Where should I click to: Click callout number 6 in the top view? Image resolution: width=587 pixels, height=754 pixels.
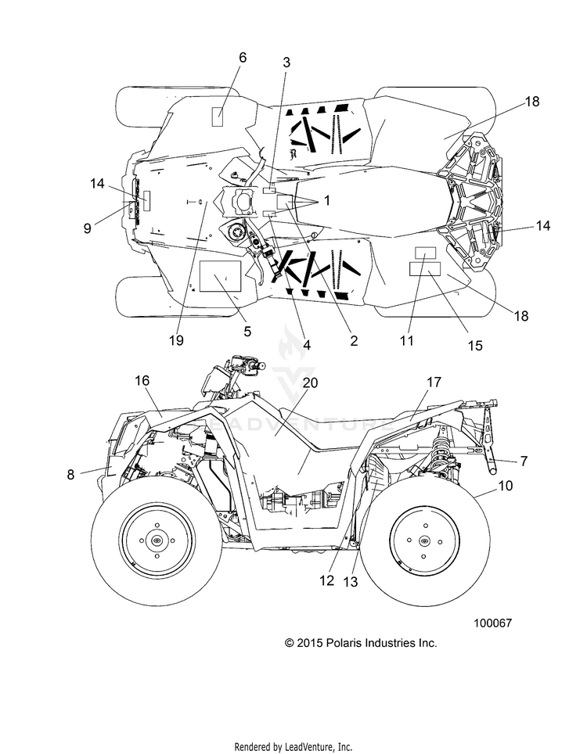pos(243,57)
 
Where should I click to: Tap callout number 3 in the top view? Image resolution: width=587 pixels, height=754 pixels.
pos(286,63)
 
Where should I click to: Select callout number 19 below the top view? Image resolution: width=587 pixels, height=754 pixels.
pos(176,340)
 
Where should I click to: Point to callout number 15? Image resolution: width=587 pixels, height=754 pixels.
pos(475,345)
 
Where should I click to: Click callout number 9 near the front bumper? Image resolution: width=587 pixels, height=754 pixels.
pos(87,228)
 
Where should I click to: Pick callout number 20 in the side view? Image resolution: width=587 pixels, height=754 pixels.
pos(311,382)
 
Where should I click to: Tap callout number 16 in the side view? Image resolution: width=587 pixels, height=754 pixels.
pos(142,380)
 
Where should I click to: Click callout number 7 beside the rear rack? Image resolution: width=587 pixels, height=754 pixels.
pos(524,461)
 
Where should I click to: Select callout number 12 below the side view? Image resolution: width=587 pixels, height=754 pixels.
pos(326,580)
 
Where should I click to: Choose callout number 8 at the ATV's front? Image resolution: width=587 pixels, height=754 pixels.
pos(70,475)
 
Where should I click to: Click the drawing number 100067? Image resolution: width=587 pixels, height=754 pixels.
pos(493,623)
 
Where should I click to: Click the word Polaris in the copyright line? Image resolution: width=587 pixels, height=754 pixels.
pos(344,643)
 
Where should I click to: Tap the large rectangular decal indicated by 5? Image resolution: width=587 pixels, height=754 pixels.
pos(220,277)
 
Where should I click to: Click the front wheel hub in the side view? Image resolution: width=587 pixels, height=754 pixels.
pos(157,541)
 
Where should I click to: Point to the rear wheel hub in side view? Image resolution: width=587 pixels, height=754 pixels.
pos(423,541)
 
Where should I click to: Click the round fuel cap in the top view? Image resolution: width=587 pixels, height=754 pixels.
pos(236,233)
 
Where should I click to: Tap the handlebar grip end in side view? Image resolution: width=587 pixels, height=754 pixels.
pos(262,366)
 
